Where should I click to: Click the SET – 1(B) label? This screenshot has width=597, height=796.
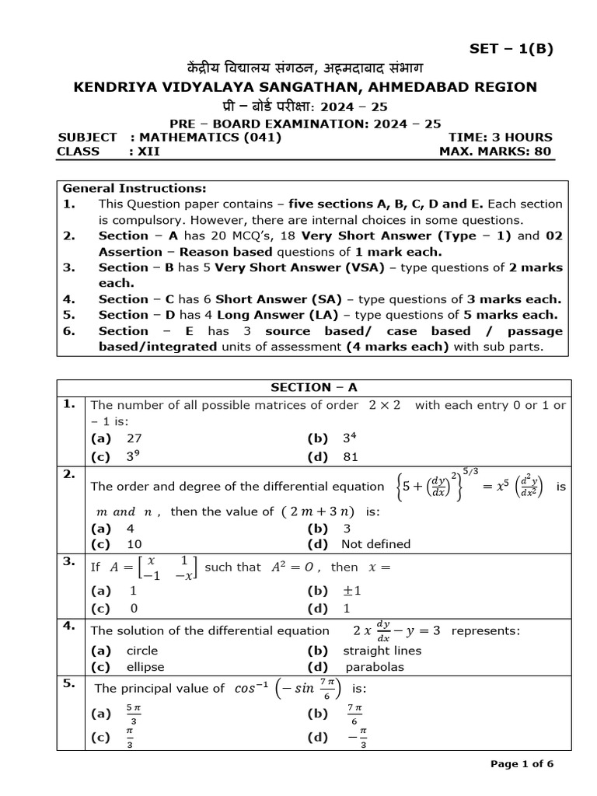[511, 49]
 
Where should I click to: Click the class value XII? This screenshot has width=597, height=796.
[148, 151]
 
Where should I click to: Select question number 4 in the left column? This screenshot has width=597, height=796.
[69, 624]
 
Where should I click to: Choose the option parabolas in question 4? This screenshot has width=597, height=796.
[375, 667]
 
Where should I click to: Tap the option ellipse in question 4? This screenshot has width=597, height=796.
[142, 667]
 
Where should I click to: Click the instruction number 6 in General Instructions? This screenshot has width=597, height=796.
[68, 331]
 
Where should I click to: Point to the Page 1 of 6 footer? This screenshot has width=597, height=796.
[522, 764]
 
